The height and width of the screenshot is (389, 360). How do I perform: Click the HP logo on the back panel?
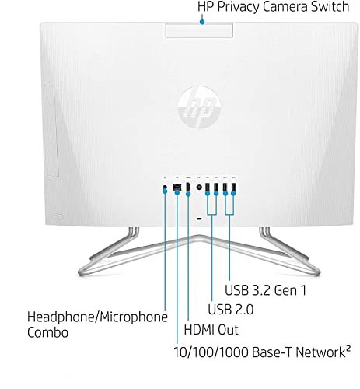[x=199, y=107]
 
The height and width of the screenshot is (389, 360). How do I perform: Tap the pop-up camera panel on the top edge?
[x=199, y=30]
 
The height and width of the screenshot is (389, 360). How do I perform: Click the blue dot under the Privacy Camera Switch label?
[x=202, y=23]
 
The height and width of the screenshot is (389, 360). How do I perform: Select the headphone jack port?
[x=165, y=187]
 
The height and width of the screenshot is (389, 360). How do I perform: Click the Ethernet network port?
[x=177, y=187]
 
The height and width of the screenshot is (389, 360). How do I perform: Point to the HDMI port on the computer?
[x=188, y=187]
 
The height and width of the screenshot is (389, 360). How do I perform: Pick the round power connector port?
[x=199, y=187]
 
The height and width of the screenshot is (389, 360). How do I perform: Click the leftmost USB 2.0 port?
[x=208, y=187]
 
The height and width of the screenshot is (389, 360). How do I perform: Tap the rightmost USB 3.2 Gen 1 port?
[x=233, y=187]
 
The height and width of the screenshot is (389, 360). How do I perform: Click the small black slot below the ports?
[x=199, y=219]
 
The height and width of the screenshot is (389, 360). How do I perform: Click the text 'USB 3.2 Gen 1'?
[x=266, y=290]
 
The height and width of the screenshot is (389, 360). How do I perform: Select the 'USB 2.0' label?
[x=231, y=309]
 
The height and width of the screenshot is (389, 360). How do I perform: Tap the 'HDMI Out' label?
[x=211, y=330]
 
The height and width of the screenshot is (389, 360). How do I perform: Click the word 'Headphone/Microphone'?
[x=97, y=317]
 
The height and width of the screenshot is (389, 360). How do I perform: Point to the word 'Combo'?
[x=47, y=332]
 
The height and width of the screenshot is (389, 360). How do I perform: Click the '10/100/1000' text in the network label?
[x=211, y=352]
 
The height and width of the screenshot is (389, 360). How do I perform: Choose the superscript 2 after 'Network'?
[x=348, y=348]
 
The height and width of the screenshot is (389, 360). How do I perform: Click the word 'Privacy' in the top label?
[x=239, y=7]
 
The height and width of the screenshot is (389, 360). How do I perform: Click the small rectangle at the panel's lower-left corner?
[x=58, y=216]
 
